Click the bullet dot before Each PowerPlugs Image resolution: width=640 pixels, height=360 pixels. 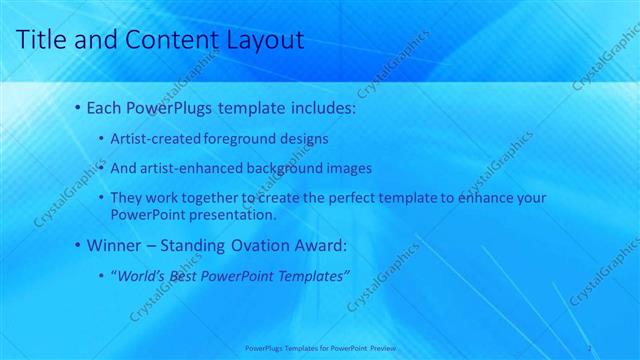point(78,107)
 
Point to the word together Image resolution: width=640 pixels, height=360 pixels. point(211,199)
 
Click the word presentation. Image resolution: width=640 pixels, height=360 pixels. point(235,214)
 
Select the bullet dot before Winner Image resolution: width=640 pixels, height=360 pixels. point(78,244)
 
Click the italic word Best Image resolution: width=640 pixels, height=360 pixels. point(187,275)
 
